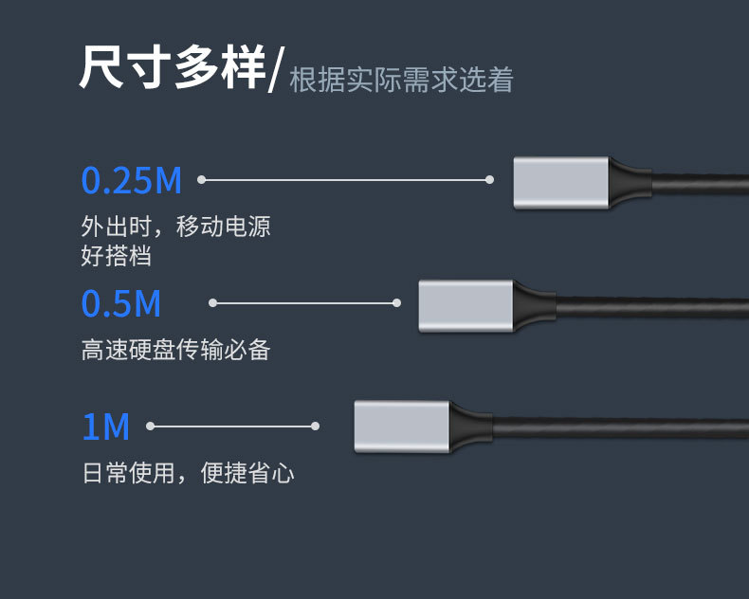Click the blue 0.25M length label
coord(131,180)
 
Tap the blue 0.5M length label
coord(120,303)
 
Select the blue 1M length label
coord(105,427)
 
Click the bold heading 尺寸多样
coord(172,69)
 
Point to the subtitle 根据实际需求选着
coord(401,80)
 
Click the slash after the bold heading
coord(275,72)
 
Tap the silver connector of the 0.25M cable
coord(560,183)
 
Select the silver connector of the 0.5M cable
coord(466,306)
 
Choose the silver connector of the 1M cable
coord(401,427)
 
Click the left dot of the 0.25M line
coord(201,179)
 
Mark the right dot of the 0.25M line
coord(489,179)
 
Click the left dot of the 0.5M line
coord(212,303)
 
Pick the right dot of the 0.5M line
coord(396,303)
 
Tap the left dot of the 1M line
coord(150,427)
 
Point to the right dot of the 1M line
coord(316,427)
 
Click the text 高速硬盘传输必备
coord(176,351)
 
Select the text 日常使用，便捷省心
coord(188,473)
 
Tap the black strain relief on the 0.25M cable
coord(629,181)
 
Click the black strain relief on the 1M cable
coord(469,426)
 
